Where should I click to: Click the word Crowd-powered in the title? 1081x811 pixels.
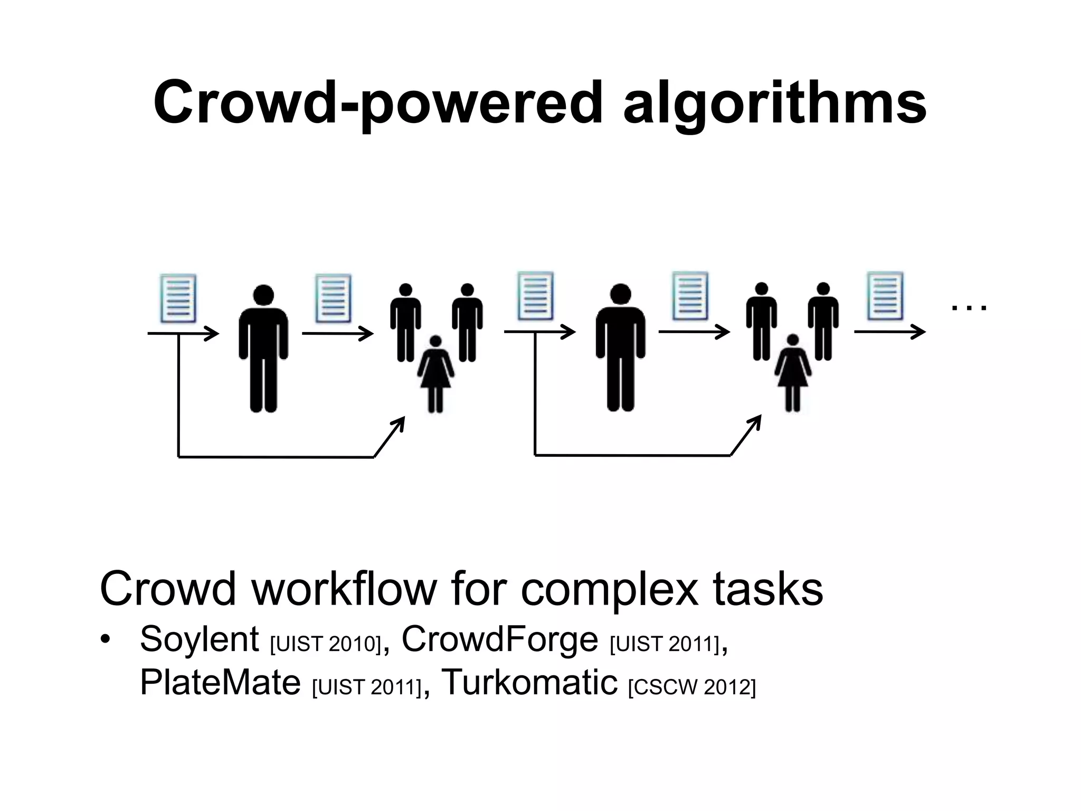(x=377, y=103)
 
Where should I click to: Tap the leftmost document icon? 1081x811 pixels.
(x=178, y=298)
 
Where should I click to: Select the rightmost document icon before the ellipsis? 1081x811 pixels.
(x=885, y=296)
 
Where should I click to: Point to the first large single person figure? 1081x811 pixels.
(x=263, y=348)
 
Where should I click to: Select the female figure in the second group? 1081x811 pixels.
(x=792, y=373)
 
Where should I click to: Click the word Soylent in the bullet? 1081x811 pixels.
(x=199, y=639)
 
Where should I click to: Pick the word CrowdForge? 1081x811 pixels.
(x=499, y=639)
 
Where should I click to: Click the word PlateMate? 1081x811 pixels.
(x=220, y=682)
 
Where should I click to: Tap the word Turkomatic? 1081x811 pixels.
(x=529, y=682)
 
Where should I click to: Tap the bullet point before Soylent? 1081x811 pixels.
(x=106, y=640)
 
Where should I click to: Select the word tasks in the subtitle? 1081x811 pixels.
(x=768, y=589)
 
